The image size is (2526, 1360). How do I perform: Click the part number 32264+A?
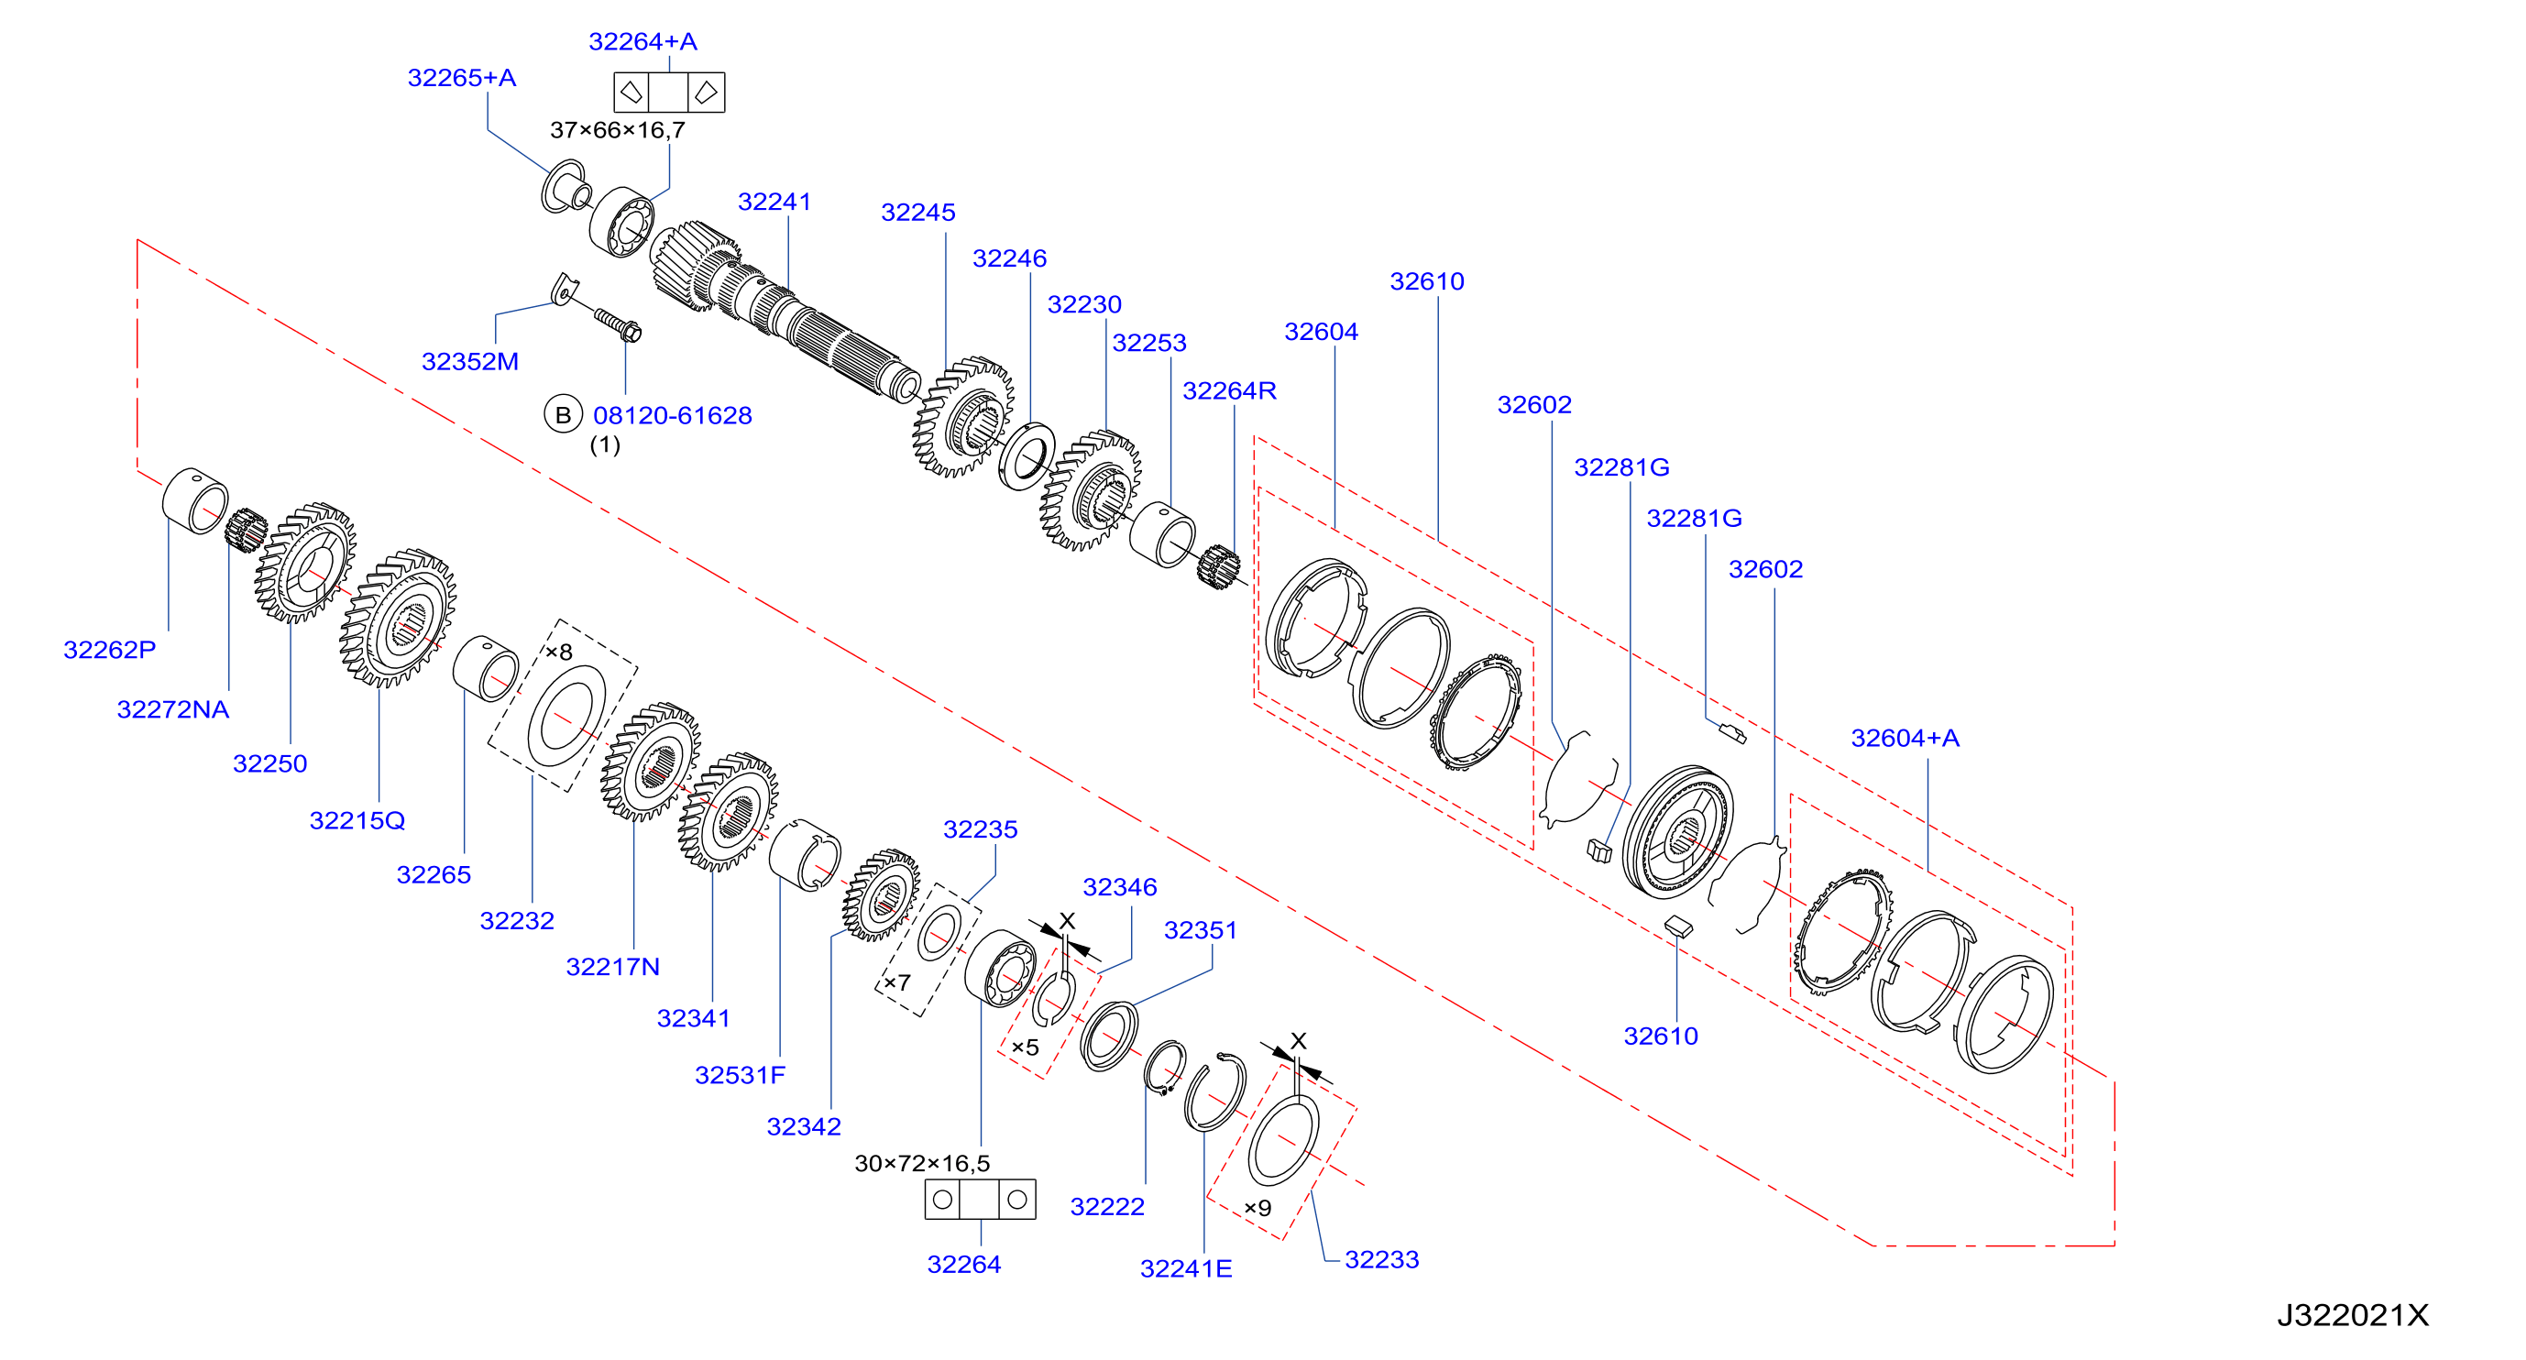tap(642, 41)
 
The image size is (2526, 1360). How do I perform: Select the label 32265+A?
tap(462, 78)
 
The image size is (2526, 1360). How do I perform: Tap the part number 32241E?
tap(1185, 1268)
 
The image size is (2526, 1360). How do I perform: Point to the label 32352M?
tap(469, 362)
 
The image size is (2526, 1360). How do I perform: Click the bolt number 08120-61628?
tap(673, 416)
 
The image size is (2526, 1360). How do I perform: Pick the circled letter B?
tap(563, 415)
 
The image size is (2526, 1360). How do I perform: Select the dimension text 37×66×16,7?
tap(618, 130)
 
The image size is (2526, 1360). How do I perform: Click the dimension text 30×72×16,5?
tap(923, 1164)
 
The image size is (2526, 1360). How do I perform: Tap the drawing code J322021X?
tap(2353, 1316)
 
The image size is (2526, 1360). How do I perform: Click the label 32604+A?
tap(1905, 739)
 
